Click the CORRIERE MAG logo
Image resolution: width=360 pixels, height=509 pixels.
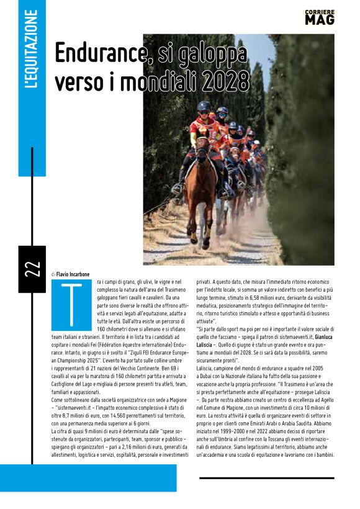[x=320, y=17]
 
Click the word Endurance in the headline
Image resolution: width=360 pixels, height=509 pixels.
[x=99, y=55]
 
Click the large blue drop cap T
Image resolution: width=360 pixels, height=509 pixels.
[x=70, y=305]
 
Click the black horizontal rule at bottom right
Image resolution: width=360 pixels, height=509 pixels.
[x=267, y=478]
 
